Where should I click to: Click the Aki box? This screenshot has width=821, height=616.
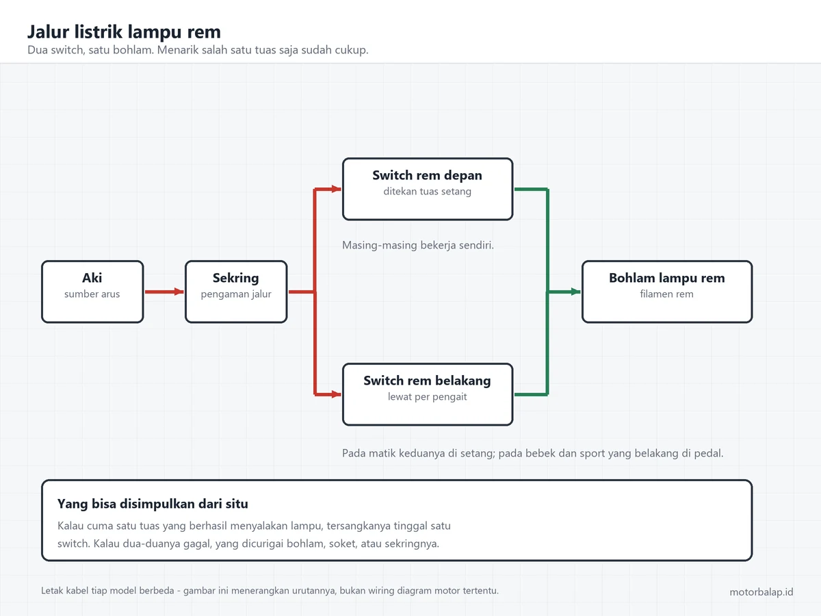[92, 292]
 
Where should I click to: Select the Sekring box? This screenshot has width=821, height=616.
[236, 292]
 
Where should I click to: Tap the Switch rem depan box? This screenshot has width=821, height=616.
[428, 189]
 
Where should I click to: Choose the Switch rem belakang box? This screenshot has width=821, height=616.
[428, 394]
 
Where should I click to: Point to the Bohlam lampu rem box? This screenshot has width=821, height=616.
[667, 292]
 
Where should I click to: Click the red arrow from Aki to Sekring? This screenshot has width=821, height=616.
[164, 292]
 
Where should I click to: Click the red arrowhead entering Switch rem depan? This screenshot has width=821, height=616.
[336, 189]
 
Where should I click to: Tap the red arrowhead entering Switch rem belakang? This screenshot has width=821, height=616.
[336, 394]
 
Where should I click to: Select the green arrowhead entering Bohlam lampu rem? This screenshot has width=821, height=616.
[575, 292]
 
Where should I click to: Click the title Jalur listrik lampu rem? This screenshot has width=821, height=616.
[124, 31]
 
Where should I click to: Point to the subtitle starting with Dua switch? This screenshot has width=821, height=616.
[198, 50]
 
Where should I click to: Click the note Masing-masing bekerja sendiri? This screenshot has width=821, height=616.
[418, 245]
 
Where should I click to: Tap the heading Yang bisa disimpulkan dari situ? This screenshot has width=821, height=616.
[153, 504]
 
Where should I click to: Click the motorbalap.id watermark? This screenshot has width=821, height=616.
[761, 591]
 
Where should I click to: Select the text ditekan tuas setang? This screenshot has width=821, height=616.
[427, 192]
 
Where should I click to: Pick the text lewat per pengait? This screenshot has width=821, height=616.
[427, 396]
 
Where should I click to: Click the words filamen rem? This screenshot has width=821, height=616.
[666, 294]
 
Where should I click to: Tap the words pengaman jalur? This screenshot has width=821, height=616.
[236, 294]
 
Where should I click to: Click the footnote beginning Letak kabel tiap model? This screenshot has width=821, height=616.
[270, 591]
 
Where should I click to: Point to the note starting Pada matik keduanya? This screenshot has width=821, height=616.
[532, 453]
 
